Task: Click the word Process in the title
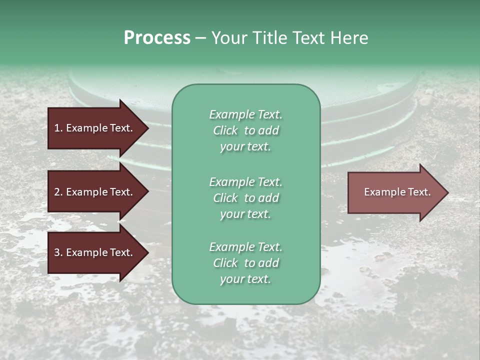click(157, 37)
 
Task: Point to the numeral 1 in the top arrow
click(56, 128)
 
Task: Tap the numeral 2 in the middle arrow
click(56, 192)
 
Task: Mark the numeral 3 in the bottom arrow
click(56, 252)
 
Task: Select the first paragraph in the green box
click(245, 130)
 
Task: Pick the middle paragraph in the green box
click(245, 197)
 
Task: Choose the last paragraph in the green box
click(245, 263)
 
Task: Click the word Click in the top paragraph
click(225, 130)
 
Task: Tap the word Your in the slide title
click(229, 37)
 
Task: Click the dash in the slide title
click(200, 38)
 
